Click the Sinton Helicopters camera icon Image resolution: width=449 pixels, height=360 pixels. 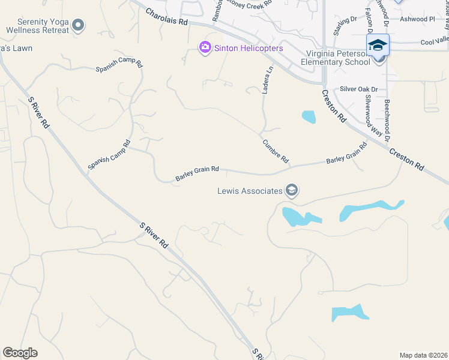tap(205, 47)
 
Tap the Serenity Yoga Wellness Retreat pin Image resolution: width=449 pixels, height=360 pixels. tap(77, 25)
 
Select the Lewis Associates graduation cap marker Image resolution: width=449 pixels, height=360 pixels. tap(292, 191)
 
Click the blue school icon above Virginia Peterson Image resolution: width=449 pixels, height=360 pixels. tap(378, 45)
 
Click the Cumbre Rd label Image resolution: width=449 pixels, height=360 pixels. tap(276, 152)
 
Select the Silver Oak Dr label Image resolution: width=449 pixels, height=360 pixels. tap(359, 89)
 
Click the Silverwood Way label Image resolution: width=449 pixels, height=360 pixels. tap(374, 116)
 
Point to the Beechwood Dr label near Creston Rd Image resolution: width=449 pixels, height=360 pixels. tap(388, 120)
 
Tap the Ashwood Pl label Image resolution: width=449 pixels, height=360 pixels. tap(418, 19)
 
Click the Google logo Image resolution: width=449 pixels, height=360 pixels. tap(20, 353)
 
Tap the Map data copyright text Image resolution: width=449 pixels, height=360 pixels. tap(423, 355)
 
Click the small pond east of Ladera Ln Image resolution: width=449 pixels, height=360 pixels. tap(309, 116)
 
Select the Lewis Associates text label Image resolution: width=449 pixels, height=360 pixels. tap(250, 191)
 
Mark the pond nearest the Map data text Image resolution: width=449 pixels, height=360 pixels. tap(348, 313)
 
